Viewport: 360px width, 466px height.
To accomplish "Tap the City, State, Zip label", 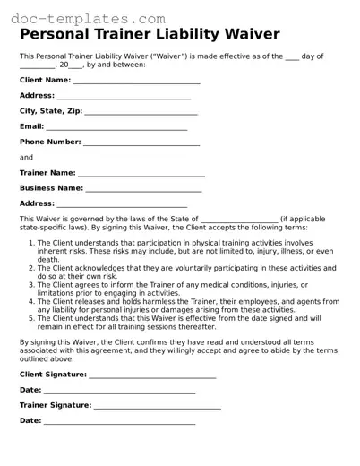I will pyautogui.click(x=51, y=111).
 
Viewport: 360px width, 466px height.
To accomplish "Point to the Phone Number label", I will pyautogui.click(x=50, y=142).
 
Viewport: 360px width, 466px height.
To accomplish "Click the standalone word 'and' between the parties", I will pyautogui.click(x=26, y=157).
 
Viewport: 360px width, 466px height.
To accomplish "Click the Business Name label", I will pyautogui.click(x=51, y=188).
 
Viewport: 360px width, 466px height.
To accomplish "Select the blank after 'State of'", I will pyautogui.click(x=238, y=220).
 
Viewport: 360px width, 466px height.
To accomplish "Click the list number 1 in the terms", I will pyautogui.click(x=31, y=242).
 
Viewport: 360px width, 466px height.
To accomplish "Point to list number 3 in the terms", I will pyautogui.click(x=31, y=284).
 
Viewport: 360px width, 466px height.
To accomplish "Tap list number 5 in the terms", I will pyautogui.click(x=31, y=317).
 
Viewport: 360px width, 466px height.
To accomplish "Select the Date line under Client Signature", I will pyautogui.click(x=119, y=392).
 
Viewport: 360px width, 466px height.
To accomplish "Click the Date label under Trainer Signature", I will pyautogui.click(x=30, y=420).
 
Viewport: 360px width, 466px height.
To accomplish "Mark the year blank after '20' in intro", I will pyautogui.click(x=76, y=65).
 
